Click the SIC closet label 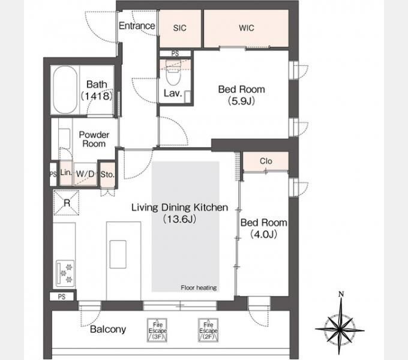[x=179, y=28]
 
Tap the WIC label [x=247, y=28]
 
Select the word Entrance [x=137, y=26]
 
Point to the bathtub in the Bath [x=65, y=90]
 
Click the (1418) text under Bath [x=97, y=96]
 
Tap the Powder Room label [x=94, y=139]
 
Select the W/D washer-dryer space [x=85, y=174]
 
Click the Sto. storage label [x=107, y=174]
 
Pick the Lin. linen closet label [x=66, y=172]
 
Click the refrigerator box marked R [x=67, y=203]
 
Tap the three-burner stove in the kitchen [x=65, y=274]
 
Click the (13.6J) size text [x=179, y=219]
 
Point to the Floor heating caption [x=199, y=287]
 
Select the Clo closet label [x=266, y=161]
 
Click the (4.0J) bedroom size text [x=263, y=235]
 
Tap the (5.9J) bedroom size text [x=241, y=101]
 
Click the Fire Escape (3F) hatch [x=157, y=330]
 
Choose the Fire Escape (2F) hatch [x=208, y=330]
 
